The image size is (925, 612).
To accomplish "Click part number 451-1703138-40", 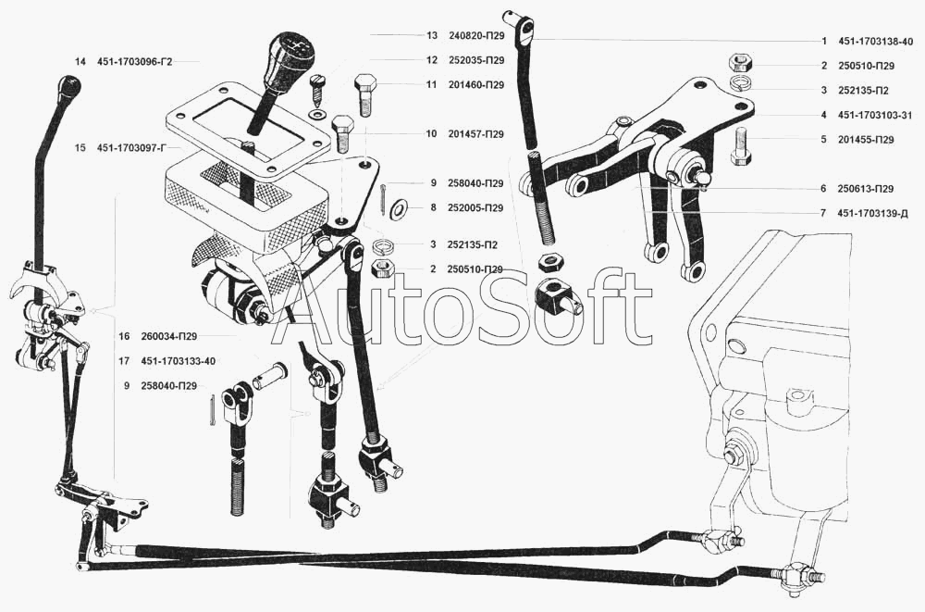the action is (x=875, y=42).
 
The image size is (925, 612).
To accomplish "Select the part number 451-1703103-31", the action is (x=875, y=115).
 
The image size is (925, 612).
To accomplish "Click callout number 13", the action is (x=432, y=36).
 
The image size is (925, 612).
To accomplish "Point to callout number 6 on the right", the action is (x=823, y=188).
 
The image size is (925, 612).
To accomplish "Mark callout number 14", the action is (x=81, y=61).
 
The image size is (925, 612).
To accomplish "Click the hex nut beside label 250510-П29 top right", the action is (x=739, y=63).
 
